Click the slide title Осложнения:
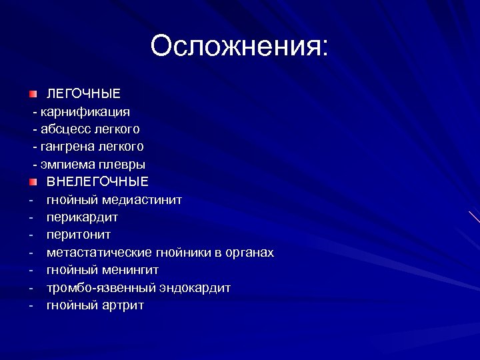pyautogui.click(x=239, y=47)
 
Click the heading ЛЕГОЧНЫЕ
pyautogui.click(x=83, y=93)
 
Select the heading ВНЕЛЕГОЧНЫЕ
pyautogui.click(x=97, y=181)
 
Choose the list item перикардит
pyautogui.click(x=82, y=217)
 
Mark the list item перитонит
pyautogui.click(x=79, y=235)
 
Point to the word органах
pyautogui.click(x=249, y=253)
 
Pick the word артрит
pyautogui.click(x=123, y=305)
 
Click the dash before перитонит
pyautogui.click(x=31, y=235)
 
